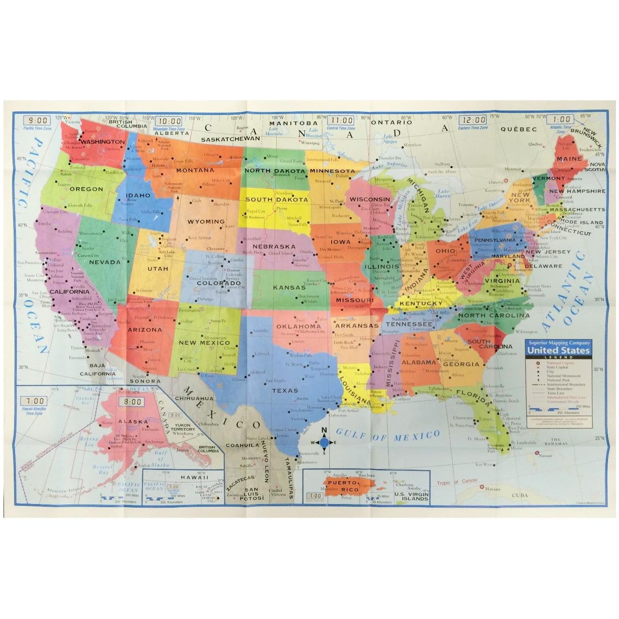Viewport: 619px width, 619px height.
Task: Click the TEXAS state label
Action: coord(285,390)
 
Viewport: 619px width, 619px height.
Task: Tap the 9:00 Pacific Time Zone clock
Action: coord(38,120)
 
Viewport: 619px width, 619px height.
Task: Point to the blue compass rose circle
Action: coord(324,442)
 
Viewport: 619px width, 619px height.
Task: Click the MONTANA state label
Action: coord(195,170)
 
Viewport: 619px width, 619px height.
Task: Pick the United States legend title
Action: coord(558,350)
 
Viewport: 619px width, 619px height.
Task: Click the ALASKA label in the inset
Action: coord(133,421)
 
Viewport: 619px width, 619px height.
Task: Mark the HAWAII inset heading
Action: coord(195,477)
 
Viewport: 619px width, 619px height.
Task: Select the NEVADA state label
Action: coord(105,262)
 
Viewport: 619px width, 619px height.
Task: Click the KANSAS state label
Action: coord(289,287)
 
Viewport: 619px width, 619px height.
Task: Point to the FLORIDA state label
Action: coord(473,397)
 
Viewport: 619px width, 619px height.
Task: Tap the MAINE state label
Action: coord(569,159)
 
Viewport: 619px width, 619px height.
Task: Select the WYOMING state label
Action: coord(206,222)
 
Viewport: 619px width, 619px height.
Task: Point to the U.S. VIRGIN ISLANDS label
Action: coord(411,496)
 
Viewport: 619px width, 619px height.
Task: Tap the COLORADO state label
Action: coord(218,283)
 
